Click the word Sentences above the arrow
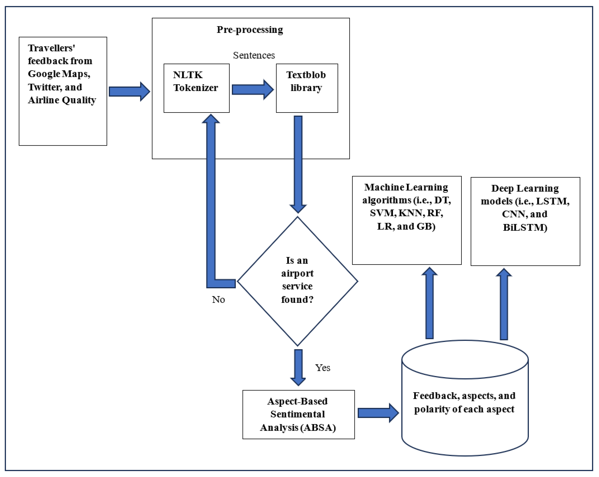pos(254,55)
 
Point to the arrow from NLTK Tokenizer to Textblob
pos(252,89)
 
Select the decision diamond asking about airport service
pos(297,281)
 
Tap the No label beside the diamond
pos(218,299)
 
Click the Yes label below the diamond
pos(322,368)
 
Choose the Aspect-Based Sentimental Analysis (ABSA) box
pos(298,414)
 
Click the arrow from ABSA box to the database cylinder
pos(378,413)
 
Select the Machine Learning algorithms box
pos(406,220)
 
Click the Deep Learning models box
pos(525,221)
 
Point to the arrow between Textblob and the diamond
pos(298,164)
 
